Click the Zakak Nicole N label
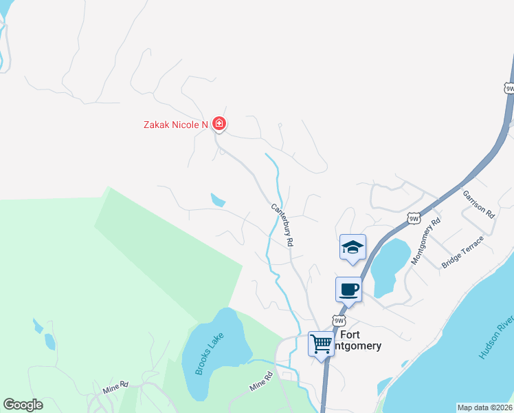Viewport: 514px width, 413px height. [175, 125]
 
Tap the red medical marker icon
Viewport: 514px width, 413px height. [219, 124]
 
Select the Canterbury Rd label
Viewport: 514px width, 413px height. [282, 225]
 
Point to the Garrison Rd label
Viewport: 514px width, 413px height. [478, 204]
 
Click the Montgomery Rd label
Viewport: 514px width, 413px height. [425, 242]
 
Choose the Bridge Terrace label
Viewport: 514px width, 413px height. [462, 252]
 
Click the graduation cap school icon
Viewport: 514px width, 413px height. [353, 247]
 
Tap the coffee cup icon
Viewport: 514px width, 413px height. [348, 289]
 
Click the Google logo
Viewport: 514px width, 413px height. [23, 405]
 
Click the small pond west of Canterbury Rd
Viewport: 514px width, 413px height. [218, 200]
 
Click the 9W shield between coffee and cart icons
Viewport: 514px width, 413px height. [338, 321]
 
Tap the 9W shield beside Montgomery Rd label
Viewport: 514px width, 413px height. [413, 218]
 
